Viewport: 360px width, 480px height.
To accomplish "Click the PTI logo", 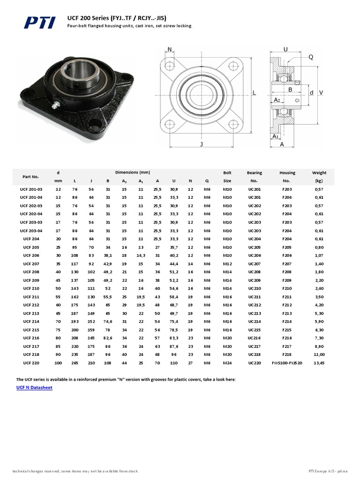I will point(40,22).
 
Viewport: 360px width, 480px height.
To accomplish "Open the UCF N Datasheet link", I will point(34,388).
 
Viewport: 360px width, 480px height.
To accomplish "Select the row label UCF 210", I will point(31,289).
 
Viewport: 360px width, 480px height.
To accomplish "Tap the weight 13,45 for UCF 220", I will point(319,363).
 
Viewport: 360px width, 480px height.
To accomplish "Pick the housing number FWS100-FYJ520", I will point(287,363).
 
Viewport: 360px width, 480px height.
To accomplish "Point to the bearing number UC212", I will point(254,305).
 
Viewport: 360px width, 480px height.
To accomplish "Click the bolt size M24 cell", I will point(227,363).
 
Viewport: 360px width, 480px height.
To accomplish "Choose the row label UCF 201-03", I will point(31,189).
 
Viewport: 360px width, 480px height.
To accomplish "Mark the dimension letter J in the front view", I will point(201,144).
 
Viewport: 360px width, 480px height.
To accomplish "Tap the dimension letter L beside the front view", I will point(255,93).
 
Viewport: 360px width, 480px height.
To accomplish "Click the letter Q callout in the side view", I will point(310,57).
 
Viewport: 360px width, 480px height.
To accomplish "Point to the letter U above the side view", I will point(286,49).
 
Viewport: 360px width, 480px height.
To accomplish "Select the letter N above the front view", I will point(169,49).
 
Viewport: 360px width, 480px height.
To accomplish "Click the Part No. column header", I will point(31,176).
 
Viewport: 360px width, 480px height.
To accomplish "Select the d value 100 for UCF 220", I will point(58,363).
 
